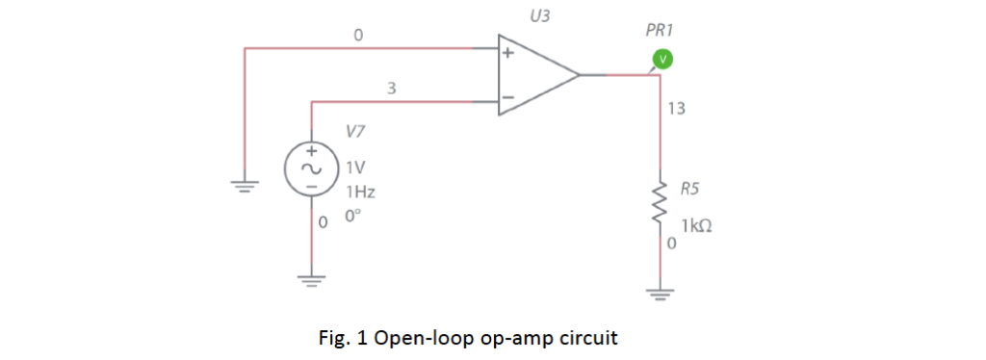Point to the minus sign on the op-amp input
click(x=507, y=97)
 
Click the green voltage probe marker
click(x=661, y=60)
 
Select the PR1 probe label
click(x=659, y=31)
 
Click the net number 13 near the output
click(x=676, y=109)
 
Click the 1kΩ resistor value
click(x=698, y=226)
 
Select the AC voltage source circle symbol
click(x=310, y=167)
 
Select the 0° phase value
click(x=354, y=216)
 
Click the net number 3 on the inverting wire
click(x=390, y=89)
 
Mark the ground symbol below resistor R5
click(x=661, y=293)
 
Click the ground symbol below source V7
click(x=310, y=282)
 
